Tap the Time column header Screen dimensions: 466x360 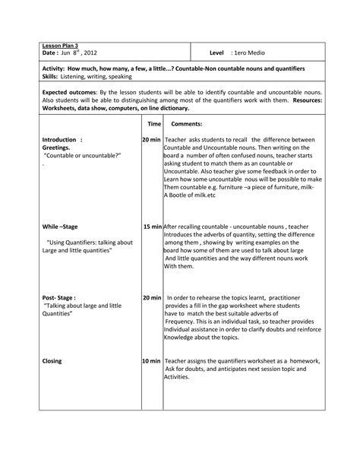tap(154, 123)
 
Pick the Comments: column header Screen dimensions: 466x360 tap(186, 123)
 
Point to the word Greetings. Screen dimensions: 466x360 tap(57, 147)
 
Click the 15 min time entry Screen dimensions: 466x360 tap(152, 227)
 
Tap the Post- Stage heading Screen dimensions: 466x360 tap(59, 297)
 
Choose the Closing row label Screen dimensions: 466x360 tap(52, 361)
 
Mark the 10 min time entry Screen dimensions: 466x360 tap(151, 361)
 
